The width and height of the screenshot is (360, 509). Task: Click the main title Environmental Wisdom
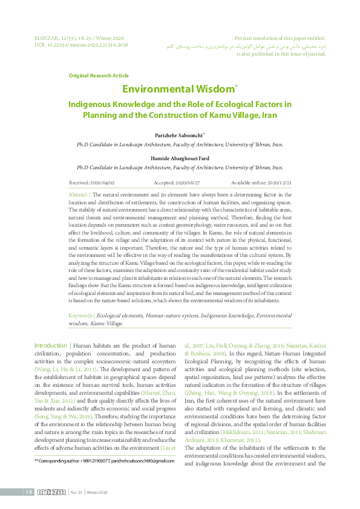click(178, 89)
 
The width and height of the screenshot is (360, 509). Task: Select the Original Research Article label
click(99, 76)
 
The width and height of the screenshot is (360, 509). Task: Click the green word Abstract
click(78, 195)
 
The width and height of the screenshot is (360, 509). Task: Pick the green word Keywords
click(80, 315)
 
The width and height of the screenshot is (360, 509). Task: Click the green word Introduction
click(51, 345)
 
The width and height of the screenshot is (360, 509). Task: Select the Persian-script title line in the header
click(245, 46)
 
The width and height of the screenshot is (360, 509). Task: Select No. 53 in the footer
click(77, 493)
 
